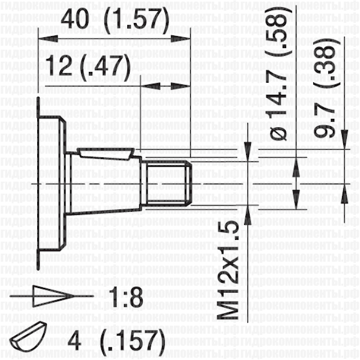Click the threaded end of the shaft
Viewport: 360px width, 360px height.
pos(167,182)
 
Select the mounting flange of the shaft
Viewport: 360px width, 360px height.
pos(52,183)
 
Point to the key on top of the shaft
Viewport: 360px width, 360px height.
pos(106,154)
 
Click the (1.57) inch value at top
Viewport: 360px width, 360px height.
pos(137,20)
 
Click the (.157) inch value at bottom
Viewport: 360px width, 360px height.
pos(133,341)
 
